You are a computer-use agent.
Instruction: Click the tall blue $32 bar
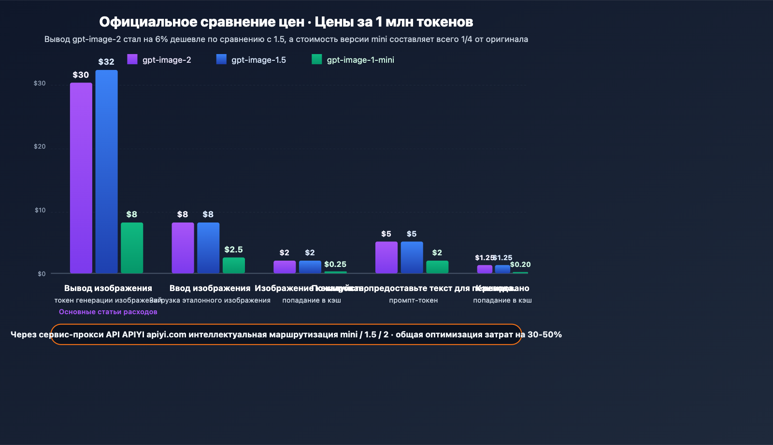tap(106, 171)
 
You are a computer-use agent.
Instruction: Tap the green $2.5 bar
tap(233, 265)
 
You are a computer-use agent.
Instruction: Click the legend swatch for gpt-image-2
tap(132, 59)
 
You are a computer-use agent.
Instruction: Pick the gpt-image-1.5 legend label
tap(258, 60)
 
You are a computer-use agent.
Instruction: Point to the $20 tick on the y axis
tap(40, 147)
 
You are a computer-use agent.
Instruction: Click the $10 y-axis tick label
tap(40, 210)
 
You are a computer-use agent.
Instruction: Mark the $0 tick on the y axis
tap(42, 274)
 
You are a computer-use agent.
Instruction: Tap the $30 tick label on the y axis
tap(40, 83)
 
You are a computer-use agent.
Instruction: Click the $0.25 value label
tap(335, 264)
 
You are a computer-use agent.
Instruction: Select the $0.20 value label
tap(520, 264)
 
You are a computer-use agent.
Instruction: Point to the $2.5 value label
tap(233, 250)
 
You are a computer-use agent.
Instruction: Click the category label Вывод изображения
tap(108, 288)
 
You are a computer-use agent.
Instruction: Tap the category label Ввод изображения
tap(210, 288)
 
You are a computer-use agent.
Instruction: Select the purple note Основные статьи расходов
tap(108, 312)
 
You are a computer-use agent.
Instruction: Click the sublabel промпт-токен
tap(413, 300)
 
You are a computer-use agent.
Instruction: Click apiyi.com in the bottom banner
tap(166, 334)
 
